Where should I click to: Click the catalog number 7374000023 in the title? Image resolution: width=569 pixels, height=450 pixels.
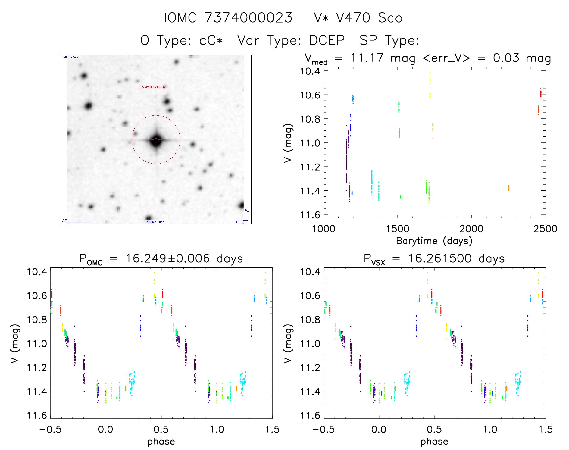pyautogui.click(x=249, y=18)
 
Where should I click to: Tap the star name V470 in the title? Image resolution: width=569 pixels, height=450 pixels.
pyautogui.click(x=353, y=18)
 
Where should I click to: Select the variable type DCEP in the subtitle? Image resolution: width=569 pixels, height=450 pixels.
pyautogui.click(x=327, y=40)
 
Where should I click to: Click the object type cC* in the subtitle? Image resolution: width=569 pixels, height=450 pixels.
pyautogui.click(x=211, y=40)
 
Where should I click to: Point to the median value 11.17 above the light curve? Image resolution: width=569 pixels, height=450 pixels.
pyautogui.click(x=367, y=58)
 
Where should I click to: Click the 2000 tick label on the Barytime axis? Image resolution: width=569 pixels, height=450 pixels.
pyautogui.click(x=471, y=229)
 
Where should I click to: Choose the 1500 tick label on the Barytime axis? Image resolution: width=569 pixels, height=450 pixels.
pyautogui.click(x=397, y=229)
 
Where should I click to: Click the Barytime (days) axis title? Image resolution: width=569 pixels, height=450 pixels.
pyautogui.click(x=434, y=241)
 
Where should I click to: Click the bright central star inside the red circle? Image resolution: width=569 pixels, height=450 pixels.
pyautogui.click(x=156, y=140)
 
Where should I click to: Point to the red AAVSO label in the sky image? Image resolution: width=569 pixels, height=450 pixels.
pyautogui.click(x=154, y=87)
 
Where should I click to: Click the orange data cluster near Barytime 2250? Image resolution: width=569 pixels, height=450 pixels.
pyautogui.click(x=509, y=188)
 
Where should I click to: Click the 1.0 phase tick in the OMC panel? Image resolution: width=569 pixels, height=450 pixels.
pyautogui.click(x=217, y=429)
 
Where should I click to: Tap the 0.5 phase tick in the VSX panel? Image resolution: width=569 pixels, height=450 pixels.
pyautogui.click(x=434, y=429)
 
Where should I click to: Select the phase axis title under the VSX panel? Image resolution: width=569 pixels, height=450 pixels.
pyautogui.click(x=434, y=442)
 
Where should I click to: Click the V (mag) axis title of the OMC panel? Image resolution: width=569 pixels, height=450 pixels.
pyautogui.click(x=15, y=343)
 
